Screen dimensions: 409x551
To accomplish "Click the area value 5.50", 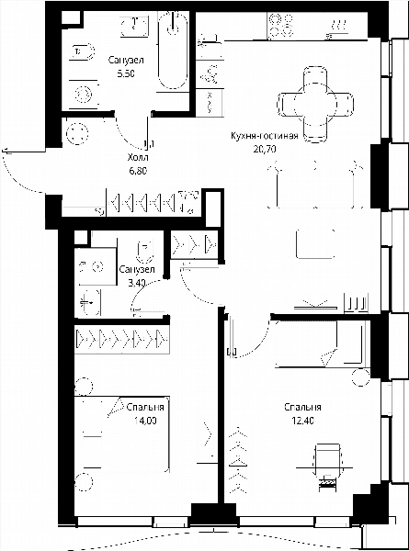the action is click(x=127, y=73).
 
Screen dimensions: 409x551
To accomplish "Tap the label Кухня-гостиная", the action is click(x=265, y=136).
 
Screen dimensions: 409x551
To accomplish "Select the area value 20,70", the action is click(x=265, y=149).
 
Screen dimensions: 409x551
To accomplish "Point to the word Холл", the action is click(x=138, y=157).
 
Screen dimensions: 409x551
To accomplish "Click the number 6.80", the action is click(x=138, y=171).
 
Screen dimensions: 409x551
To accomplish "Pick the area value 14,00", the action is click(x=145, y=421).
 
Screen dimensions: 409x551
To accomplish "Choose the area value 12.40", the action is click(x=302, y=421).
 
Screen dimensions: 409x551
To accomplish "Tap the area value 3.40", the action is click(x=137, y=283).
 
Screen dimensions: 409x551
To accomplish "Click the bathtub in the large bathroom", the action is click(x=172, y=51).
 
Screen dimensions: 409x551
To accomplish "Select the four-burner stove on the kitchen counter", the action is click(x=280, y=25).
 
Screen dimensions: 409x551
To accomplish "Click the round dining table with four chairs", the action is click(x=315, y=105).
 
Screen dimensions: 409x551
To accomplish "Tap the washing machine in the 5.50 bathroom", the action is click(x=84, y=95).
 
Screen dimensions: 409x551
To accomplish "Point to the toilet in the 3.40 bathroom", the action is click(x=146, y=252).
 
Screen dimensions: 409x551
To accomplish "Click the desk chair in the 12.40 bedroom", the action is click(x=328, y=460).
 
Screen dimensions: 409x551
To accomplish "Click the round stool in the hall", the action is click(x=76, y=134).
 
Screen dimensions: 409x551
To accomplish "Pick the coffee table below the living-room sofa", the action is click(x=315, y=244).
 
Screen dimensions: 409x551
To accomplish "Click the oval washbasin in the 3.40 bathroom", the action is click(x=90, y=302).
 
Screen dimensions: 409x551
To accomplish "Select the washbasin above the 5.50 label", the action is click(x=134, y=26).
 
